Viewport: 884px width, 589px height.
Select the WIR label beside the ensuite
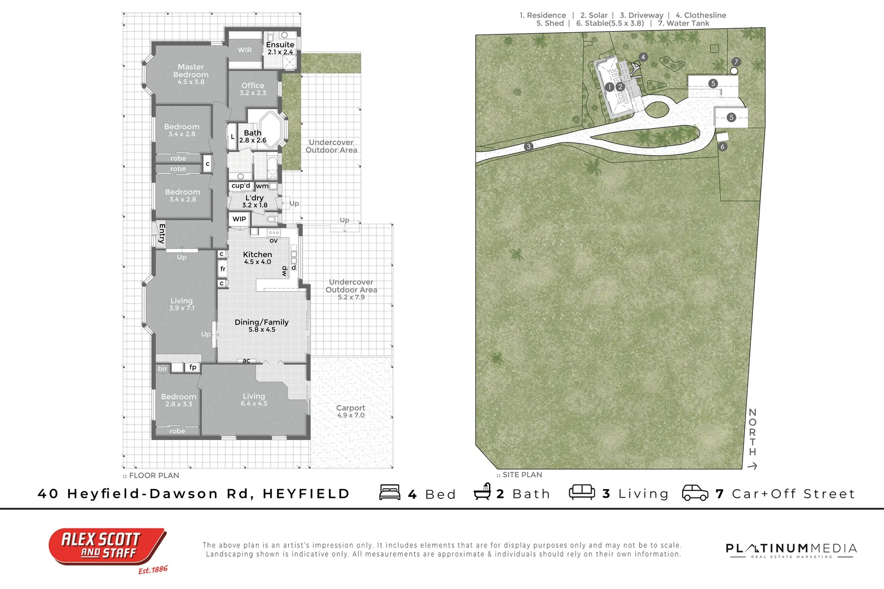[245, 50]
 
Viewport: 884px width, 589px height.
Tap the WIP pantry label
[240, 219]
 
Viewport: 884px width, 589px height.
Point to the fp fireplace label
[193, 368]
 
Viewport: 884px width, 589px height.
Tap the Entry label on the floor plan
[162, 233]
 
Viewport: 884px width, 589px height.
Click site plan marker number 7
[736, 62]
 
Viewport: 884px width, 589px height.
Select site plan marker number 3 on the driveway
[528, 147]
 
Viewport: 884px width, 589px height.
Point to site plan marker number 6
[722, 147]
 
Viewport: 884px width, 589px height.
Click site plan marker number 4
[643, 57]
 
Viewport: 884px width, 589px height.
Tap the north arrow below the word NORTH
[752, 466]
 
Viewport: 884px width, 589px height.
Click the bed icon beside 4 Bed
[390, 492]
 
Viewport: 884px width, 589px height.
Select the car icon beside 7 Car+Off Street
[695, 492]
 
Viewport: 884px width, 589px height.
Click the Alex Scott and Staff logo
[107, 546]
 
